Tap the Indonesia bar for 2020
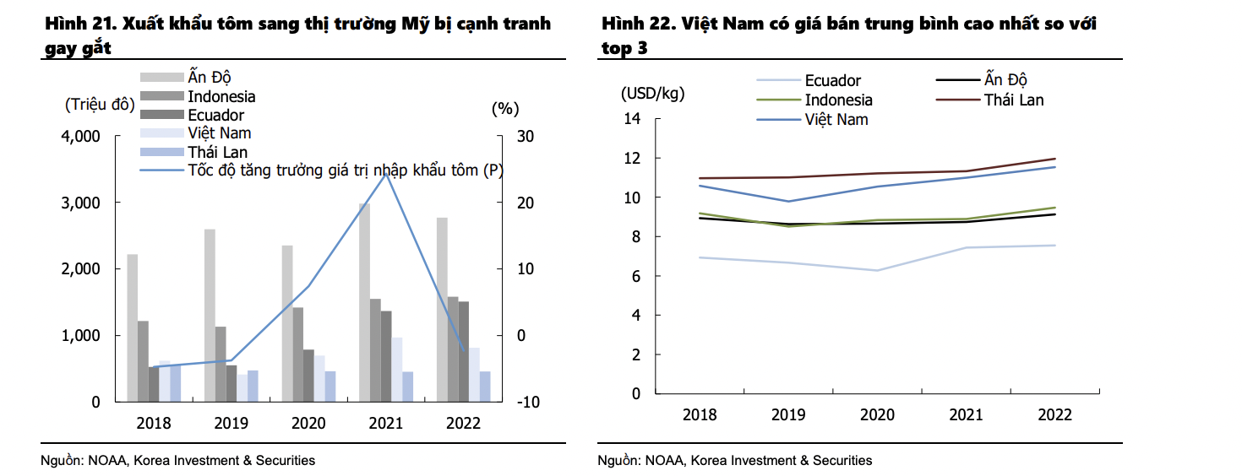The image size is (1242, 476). [x=297, y=354]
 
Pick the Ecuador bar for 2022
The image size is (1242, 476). [x=464, y=351]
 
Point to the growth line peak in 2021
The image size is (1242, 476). [x=386, y=173]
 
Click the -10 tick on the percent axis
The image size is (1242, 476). [x=529, y=402]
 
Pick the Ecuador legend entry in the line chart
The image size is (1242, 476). [x=832, y=81]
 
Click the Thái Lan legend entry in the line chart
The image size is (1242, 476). [x=1013, y=100]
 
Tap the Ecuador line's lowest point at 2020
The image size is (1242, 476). [x=878, y=270]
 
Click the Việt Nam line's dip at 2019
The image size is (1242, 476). [x=788, y=201]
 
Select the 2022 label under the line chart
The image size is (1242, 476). [x=1054, y=415]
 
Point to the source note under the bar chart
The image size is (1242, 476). [x=177, y=460]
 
